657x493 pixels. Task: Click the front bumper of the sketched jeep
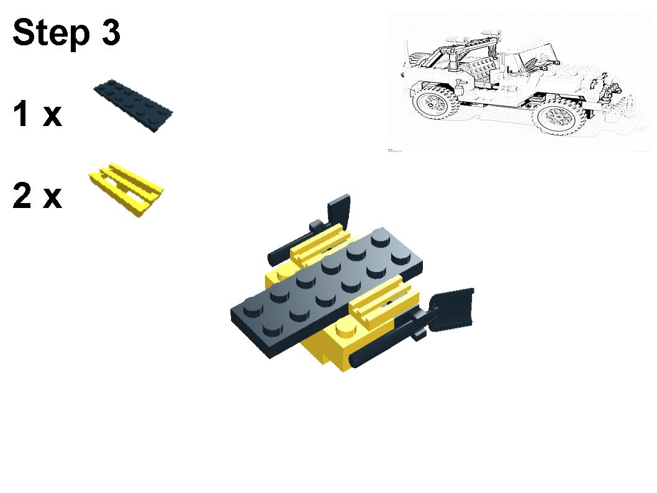point(618,99)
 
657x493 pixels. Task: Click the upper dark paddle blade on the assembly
point(339,209)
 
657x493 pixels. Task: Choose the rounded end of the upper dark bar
point(273,256)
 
